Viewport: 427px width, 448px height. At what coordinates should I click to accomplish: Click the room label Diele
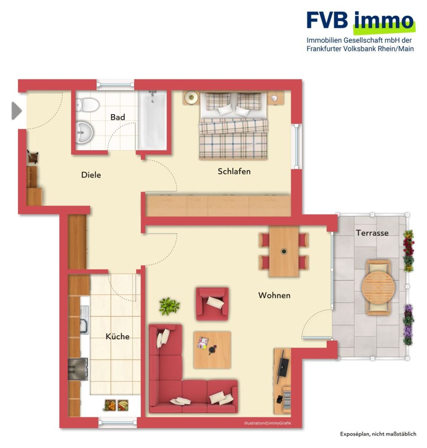[91, 175]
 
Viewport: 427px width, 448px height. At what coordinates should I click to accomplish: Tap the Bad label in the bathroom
[117, 117]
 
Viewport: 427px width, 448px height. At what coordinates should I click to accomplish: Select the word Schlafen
[234, 171]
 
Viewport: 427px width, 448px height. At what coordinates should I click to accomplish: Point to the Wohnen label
[274, 295]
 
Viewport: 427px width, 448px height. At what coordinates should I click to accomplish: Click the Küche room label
[117, 336]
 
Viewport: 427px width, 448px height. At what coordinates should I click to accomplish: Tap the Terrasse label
[372, 233]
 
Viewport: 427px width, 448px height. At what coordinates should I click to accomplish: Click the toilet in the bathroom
[87, 104]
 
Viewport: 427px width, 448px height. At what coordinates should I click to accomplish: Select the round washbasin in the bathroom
[83, 132]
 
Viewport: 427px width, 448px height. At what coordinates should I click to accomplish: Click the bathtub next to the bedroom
[152, 121]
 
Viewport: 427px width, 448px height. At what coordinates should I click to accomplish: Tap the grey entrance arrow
[16, 111]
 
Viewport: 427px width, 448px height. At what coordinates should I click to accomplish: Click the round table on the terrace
[379, 287]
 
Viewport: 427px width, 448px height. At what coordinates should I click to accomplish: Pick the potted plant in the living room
[169, 306]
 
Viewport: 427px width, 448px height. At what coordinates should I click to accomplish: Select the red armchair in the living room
[212, 304]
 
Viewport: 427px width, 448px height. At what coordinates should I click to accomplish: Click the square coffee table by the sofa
[212, 349]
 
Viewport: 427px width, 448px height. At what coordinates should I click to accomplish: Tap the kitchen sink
[83, 320]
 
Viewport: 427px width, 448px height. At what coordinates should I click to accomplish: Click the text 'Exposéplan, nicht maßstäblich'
[378, 434]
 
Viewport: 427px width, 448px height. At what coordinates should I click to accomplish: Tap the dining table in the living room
[284, 251]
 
